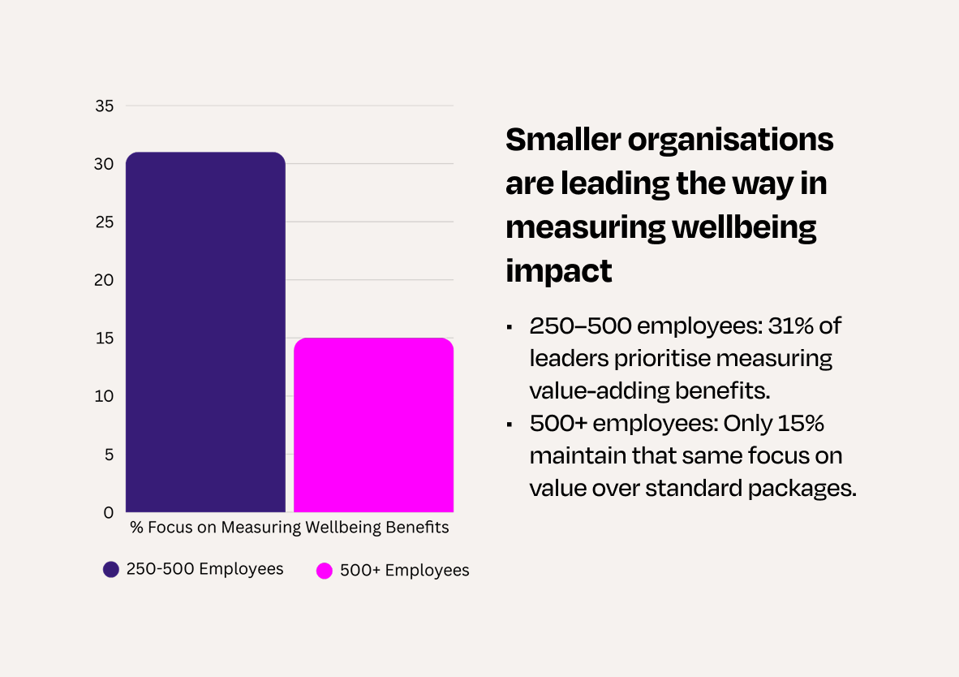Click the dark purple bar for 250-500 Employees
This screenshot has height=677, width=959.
(x=205, y=332)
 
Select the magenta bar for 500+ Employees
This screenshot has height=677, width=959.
(x=373, y=425)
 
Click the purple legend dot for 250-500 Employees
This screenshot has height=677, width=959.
(x=111, y=569)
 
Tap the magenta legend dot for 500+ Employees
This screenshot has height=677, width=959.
(x=325, y=571)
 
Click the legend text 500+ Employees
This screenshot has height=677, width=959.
(x=404, y=571)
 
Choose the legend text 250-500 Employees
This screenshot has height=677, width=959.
(x=204, y=569)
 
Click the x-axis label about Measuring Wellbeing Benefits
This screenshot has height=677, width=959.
(x=290, y=528)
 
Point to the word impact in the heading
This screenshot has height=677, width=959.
(x=559, y=271)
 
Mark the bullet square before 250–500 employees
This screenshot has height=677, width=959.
(x=509, y=327)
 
